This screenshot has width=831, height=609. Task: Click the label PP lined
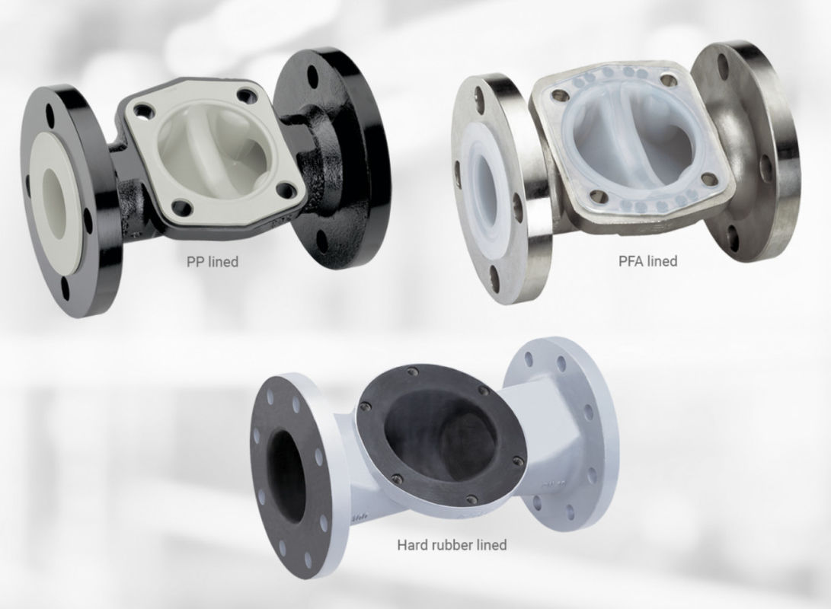[213, 262]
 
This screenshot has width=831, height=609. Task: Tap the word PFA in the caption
[632, 261]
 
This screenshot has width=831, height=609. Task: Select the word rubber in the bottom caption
[452, 545]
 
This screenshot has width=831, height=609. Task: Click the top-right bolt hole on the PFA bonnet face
[669, 78]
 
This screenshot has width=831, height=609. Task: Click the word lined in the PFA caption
[662, 261]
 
